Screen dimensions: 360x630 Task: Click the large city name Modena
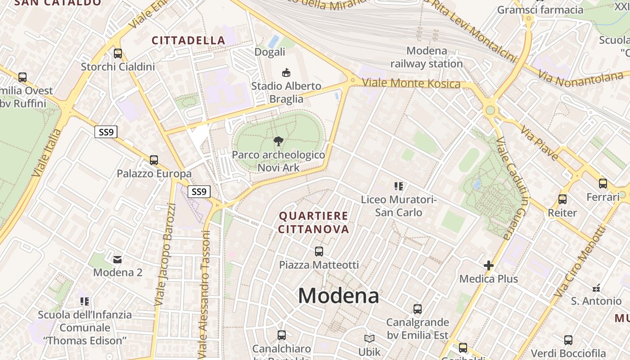click(x=338, y=296)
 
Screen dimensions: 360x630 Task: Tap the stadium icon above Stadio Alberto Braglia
click(x=286, y=72)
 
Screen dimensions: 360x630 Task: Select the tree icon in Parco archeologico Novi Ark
click(x=279, y=141)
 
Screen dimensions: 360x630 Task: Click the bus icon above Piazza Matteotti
click(x=319, y=251)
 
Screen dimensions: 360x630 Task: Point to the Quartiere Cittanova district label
click(x=314, y=222)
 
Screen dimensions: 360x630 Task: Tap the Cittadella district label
click(x=189, y=40)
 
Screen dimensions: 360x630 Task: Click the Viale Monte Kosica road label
click(x=411, y=84)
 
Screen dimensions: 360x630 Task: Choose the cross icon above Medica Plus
click(x=489, y=265)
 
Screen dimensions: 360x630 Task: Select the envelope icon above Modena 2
click(x=117, y=259)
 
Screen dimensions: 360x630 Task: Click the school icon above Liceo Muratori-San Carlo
click(x=398, y=186)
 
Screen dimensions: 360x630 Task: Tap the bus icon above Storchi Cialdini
click(x=118, y=54)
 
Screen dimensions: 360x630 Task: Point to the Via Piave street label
click(x=540, y=143)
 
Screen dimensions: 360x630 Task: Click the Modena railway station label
click(x=426, y=57)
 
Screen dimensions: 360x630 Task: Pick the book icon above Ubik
click(x=369, y=338)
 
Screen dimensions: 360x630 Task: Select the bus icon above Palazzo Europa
click(x=154, y=160)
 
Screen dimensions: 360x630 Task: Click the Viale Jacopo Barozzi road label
click(x=165, y=255)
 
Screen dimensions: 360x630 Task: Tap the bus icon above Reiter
click(x=562, y=199)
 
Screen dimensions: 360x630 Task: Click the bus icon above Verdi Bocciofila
click(x=568, y=340)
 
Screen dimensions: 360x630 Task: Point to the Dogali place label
click(x=270, y=52)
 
